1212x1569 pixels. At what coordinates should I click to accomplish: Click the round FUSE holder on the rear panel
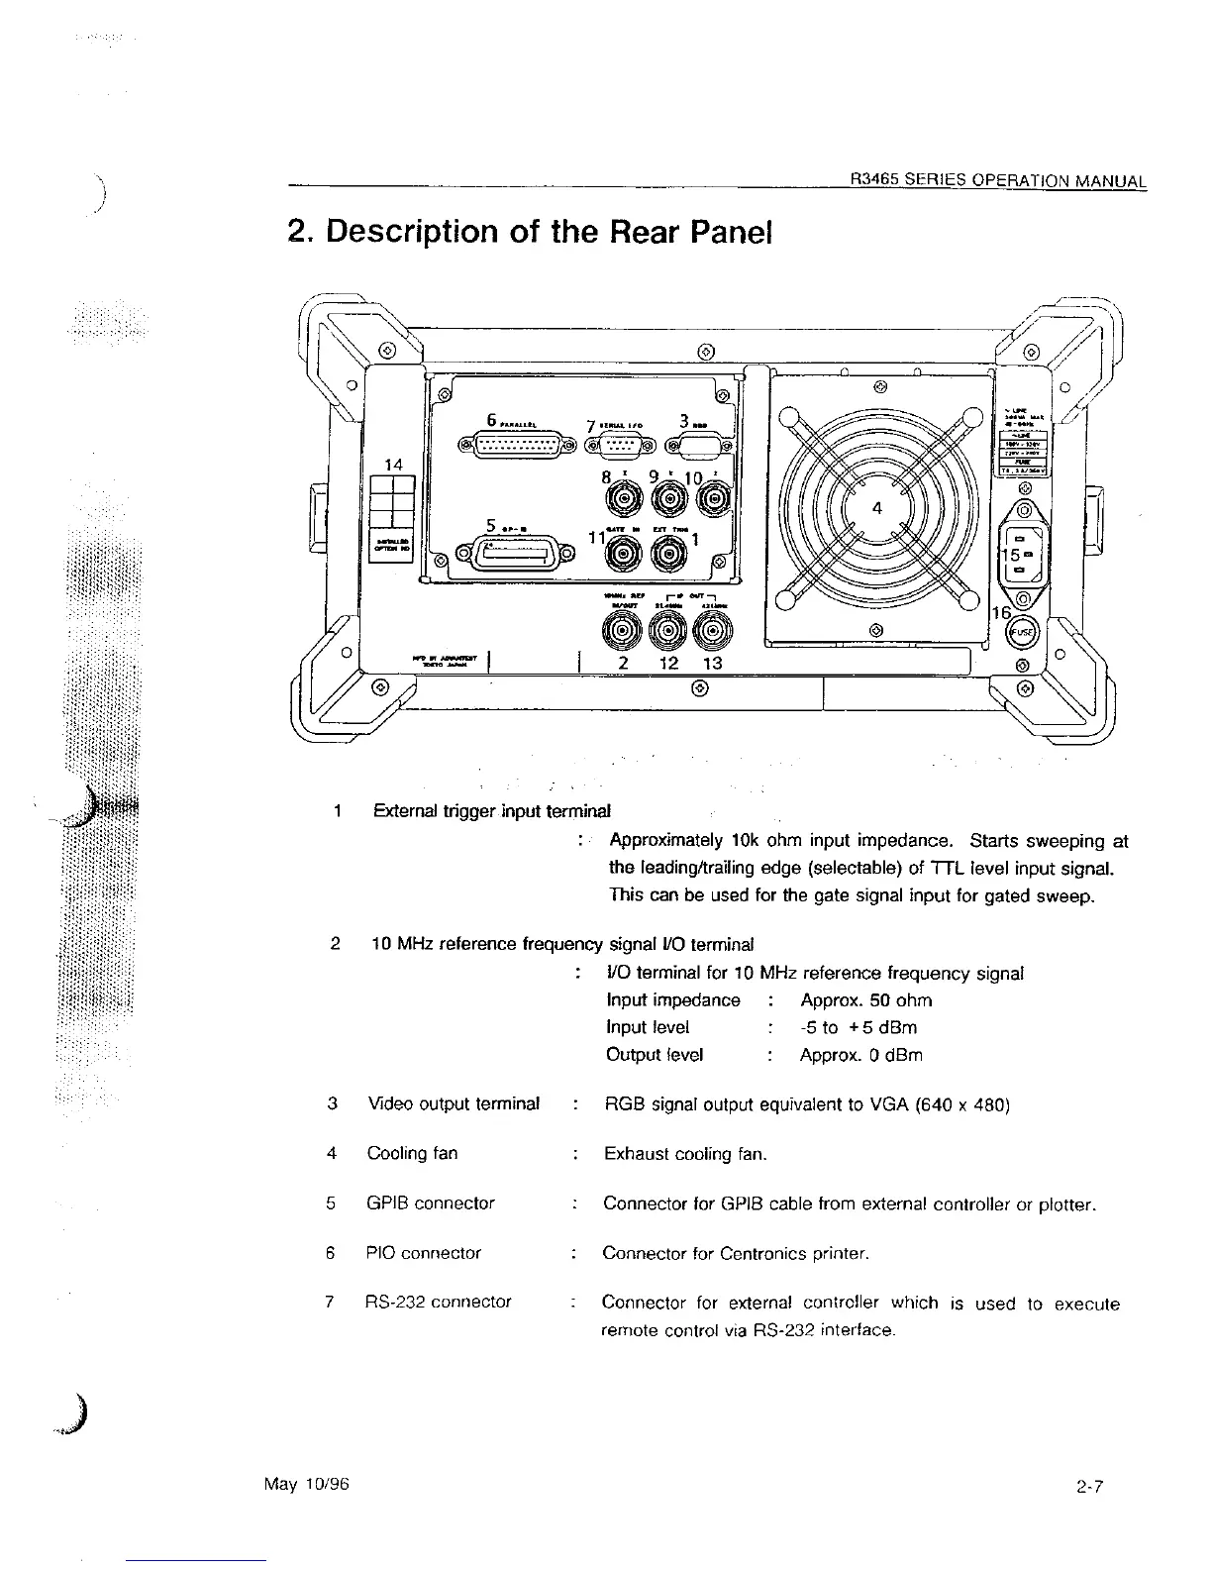coord(1022,633)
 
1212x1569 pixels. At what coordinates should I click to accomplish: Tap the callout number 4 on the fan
coord(876,509)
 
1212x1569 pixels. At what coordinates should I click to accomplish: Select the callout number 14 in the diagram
coord(394,463)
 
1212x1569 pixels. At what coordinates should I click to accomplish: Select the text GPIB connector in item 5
coord(431,1203)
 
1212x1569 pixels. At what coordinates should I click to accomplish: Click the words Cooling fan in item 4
coord(412,1154)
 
